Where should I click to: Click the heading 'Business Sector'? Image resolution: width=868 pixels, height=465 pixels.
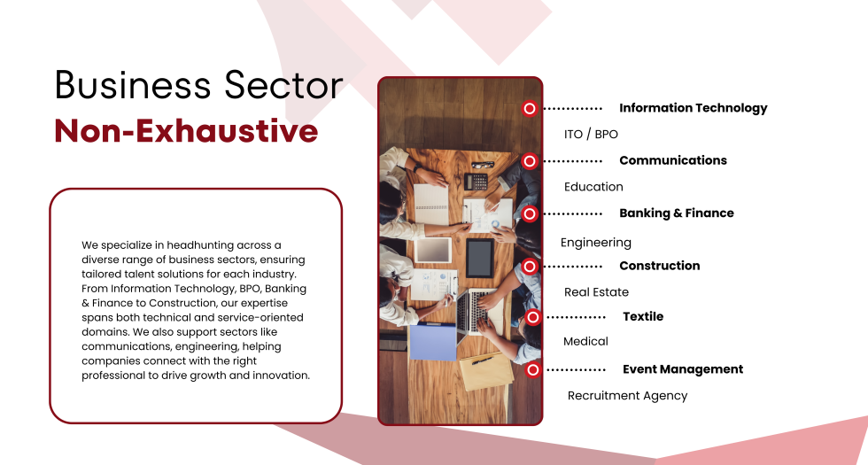(199, 85)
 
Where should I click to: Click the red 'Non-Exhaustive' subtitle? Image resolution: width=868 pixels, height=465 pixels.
(186, 131)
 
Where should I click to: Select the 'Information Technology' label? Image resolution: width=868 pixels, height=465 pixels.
(693, 108)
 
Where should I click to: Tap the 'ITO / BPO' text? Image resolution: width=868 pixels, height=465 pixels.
(591, 134)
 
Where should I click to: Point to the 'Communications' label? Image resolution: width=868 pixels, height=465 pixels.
(673, 160)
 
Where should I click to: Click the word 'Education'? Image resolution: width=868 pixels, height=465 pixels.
(593, 187)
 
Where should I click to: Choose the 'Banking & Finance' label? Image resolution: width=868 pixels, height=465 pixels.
(677, 213)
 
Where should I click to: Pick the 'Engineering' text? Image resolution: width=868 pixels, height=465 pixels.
(595, 243)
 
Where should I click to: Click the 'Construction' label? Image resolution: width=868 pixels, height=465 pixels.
(659, 266)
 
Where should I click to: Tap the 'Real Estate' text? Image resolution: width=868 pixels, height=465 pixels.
(596, 291)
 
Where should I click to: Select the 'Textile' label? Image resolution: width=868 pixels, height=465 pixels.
(643, 316)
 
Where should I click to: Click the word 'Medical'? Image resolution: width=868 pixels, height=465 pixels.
(585, 341)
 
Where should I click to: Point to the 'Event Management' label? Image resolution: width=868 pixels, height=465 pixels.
(683, 369)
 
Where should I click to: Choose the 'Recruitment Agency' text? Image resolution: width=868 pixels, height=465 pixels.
(627, 396)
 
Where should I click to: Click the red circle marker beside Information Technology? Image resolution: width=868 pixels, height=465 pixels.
(530, 108)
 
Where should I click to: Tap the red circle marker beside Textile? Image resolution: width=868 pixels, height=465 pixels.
(532, 317)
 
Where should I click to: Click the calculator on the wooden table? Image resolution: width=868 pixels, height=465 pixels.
(477, 181)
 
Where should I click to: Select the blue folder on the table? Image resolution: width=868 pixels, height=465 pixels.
(433, 342)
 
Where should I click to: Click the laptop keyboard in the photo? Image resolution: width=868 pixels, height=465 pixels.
(472, 310)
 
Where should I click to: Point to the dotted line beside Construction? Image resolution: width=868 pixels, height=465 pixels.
(572, 267)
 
